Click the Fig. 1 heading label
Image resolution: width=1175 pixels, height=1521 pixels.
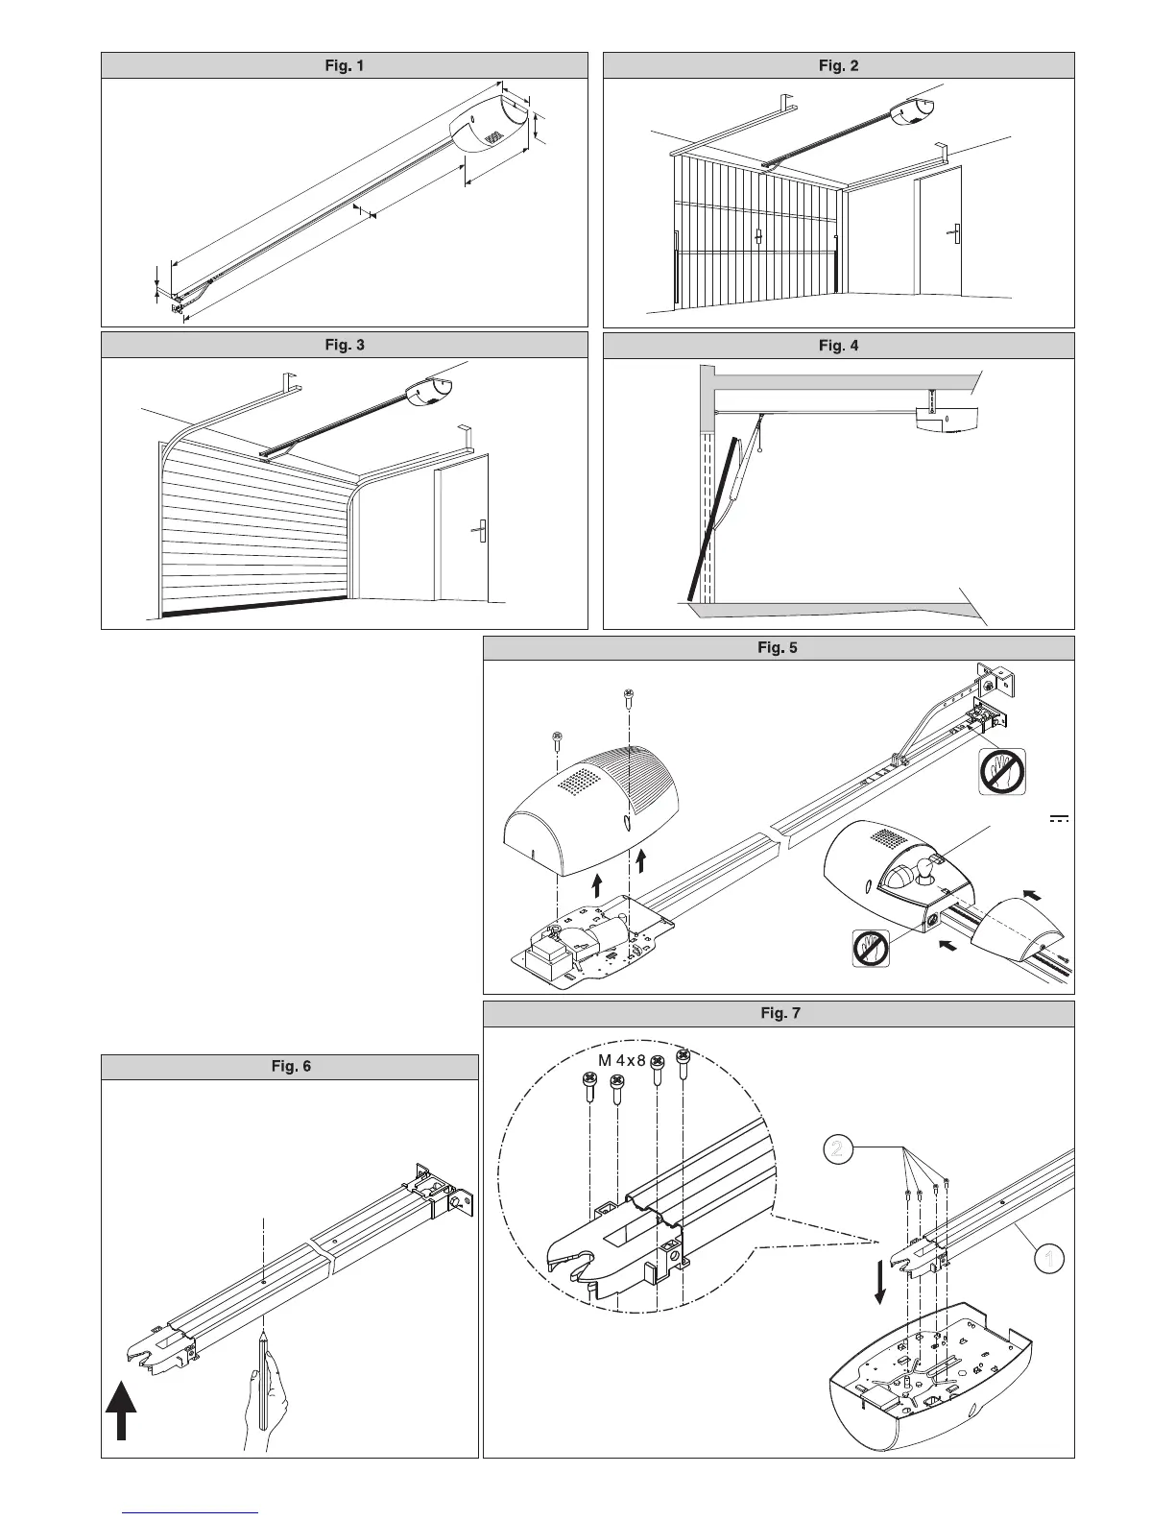pyautogui.click(x=344, y=65)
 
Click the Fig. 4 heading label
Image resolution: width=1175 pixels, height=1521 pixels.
pyautogui.click(x=838, y=346)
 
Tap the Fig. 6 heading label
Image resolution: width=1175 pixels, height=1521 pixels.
pyautogui.click(x=289, y=1067)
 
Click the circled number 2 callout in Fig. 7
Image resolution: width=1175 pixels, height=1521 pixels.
pyautogui.click(x=839, y=1149)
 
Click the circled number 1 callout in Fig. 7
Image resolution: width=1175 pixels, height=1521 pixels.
pyautogui.click(x=1051, y=1258)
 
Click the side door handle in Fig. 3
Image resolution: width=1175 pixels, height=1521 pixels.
pyautogui.click(x=478, y=527)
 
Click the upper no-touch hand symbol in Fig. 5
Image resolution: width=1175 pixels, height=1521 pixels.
pyautogui.click(x=1000, y=771)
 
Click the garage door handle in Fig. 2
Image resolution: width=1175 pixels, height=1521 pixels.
pyautogui.click(x=756, y=234)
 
